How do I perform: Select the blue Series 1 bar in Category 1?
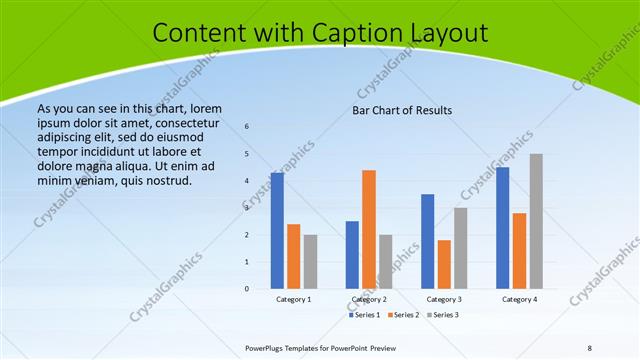point(277,230)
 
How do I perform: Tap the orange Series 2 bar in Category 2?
point(369,229)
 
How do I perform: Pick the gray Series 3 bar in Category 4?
point(536,221)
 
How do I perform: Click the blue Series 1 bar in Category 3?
point(427,241)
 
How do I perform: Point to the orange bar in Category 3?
point(444,264)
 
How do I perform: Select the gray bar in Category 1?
point(310,261)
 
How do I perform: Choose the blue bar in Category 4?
point(503,227)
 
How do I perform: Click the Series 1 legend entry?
point(366,315)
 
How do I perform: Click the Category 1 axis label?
point(294,299)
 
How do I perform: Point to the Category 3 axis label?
point(444,299)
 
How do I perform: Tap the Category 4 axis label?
point(519,299)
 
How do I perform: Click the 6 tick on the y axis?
point(247,127)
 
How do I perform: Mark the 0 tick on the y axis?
point(247,289)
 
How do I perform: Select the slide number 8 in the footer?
point(590,348)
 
